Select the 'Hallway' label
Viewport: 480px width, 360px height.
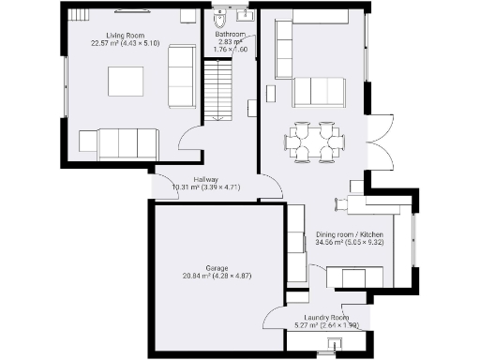point(206,179)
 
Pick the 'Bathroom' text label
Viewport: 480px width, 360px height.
point(230,35)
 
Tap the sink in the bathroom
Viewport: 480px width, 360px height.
point(246,16)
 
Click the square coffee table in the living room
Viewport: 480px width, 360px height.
point(126,82)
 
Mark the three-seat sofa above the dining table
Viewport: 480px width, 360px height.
point(319,92)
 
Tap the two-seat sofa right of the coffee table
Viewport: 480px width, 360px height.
point(181,74)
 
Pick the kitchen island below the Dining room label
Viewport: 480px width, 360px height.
point(354,277)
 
